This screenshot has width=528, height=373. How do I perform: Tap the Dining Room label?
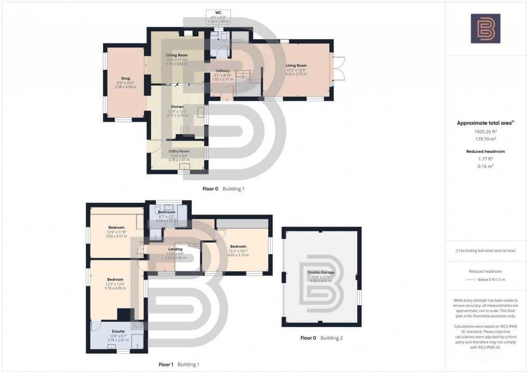177,55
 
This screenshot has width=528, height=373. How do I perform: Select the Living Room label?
296,66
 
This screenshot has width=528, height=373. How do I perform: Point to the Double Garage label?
320,272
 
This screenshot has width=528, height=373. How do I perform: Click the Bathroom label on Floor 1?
167,212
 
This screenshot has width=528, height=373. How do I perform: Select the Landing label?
174,249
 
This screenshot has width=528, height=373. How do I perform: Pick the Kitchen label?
177,107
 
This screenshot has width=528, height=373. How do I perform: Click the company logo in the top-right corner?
485,28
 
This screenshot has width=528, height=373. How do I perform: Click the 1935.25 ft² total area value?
485,132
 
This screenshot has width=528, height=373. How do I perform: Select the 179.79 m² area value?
485,139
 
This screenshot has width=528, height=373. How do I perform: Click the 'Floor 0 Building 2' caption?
321,338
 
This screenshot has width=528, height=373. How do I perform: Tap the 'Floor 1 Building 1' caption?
179,365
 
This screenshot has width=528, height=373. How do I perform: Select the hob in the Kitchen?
185,130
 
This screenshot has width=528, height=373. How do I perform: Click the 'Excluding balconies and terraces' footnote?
485,251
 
